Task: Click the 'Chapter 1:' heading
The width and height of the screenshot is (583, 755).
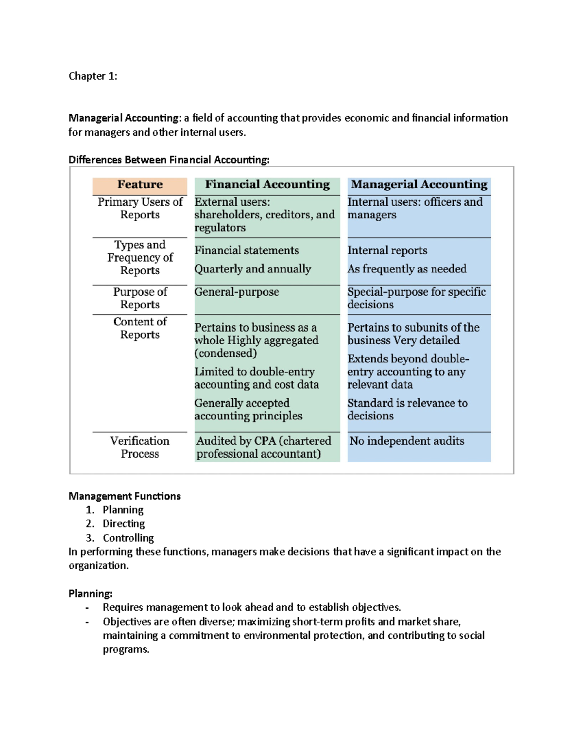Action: (93, 76)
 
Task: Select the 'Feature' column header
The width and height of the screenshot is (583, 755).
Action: (140, 185)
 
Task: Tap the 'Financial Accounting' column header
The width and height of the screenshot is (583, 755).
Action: (267, 185)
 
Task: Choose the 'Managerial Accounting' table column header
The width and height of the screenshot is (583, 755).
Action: (419, 185)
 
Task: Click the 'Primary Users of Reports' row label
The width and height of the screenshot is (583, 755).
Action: (140, 209)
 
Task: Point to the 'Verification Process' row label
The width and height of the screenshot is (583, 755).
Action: (140, 447)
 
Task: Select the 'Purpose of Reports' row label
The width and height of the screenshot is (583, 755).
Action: (140, 298)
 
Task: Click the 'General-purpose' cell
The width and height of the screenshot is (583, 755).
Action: (237, 292)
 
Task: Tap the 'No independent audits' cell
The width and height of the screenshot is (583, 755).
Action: (407, 441)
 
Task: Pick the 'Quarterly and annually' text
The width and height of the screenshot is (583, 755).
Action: (253, 269)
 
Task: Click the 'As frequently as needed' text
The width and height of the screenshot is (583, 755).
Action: (407, 269)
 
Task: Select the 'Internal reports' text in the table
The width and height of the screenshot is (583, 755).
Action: (387, 250)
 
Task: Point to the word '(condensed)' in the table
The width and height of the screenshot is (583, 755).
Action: (225, 353)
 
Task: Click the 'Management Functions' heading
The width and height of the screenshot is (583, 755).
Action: (124, 496)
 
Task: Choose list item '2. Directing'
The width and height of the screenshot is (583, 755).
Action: (123, 524)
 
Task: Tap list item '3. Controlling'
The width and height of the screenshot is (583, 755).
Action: (128, 538)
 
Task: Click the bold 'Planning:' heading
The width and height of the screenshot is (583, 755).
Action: (90, 594)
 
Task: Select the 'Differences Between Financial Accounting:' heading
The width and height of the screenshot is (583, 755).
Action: (169, 160)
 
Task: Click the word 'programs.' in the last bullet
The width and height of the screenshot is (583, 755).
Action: (126, 650)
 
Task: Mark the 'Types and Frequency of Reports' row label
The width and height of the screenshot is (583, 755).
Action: (140, 258)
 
